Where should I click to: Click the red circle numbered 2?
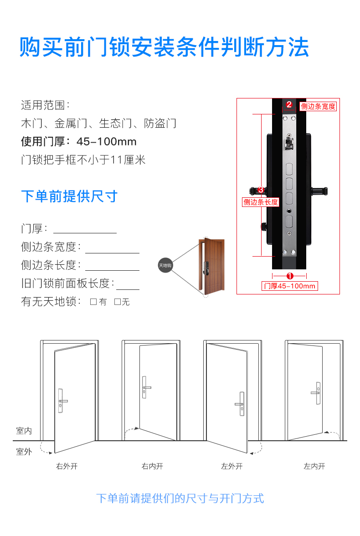coord(289,104)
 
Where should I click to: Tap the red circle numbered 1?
coord(290,276)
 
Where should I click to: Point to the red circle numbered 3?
coord(261,190)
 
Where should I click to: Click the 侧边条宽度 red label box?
coord(318,106)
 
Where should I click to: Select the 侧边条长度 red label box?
coord(261,202)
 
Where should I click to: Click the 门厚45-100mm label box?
coord(289,286)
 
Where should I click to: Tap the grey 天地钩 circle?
coord(165,265)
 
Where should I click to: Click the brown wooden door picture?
coord(211,267)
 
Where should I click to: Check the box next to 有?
coord(93,302)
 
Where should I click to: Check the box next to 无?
coord(117,302)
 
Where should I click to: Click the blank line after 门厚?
coord(85,233)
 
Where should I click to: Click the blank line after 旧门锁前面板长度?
coord(128,289)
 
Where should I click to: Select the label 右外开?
coord(67,466)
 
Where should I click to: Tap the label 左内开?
coord(314,466)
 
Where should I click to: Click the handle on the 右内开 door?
coord(145,387)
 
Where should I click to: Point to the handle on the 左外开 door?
coord(241,404)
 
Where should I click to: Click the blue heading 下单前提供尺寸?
coord(69,196)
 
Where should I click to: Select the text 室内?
coord(24,430)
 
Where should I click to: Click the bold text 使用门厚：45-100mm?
coord(79,141)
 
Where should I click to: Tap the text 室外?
coord(24,452)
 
